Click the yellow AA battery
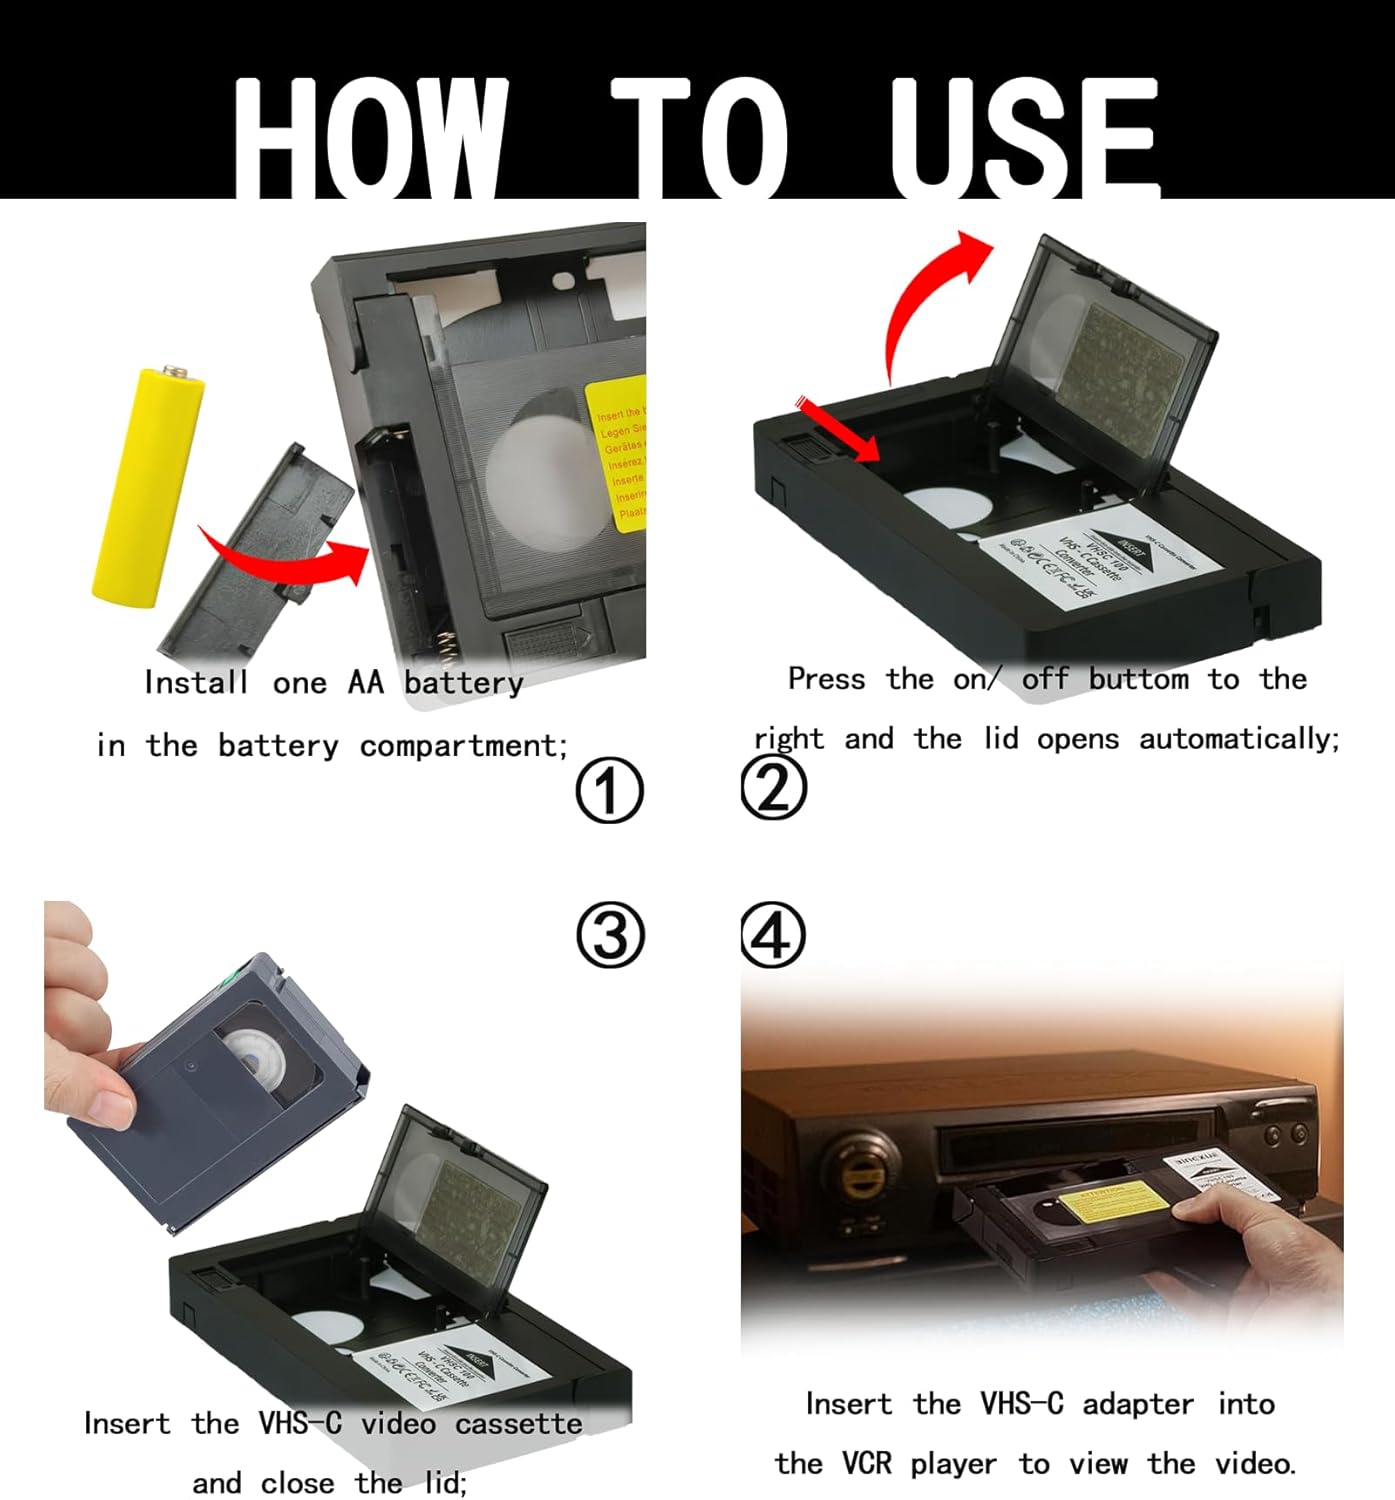tap(148, 487)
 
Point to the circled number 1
tap(609, 790)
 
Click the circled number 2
tap(773, 787)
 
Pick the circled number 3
tap(609, 935)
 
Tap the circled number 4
tap(772, 935)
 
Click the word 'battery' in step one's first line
tap(463, 683)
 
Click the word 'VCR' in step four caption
tap(867, 1464)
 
